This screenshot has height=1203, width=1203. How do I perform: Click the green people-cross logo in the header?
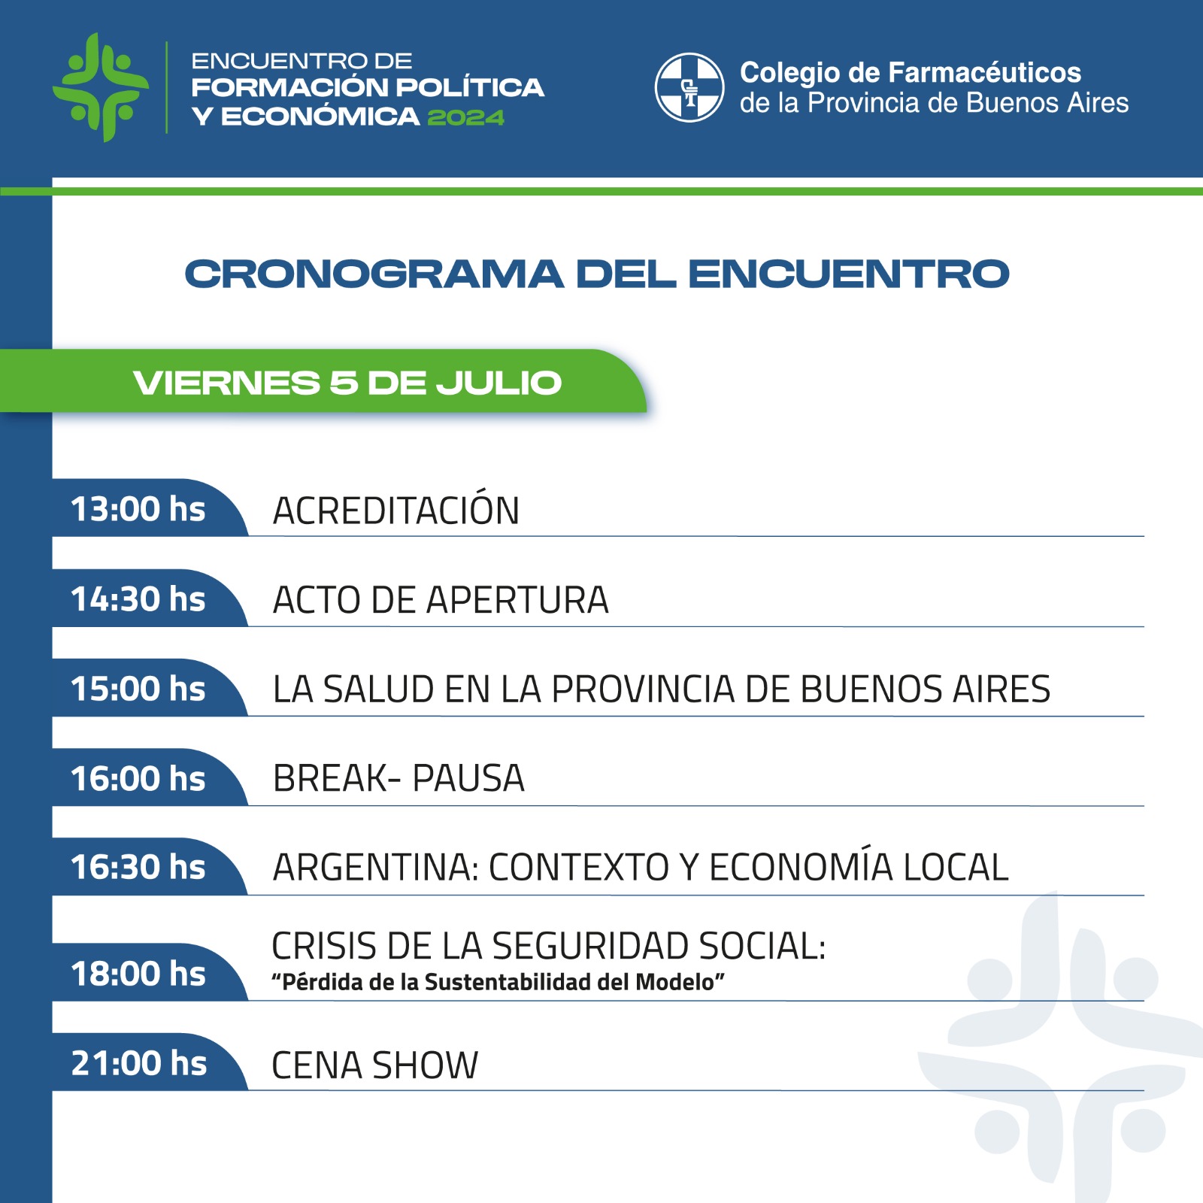point(101,87)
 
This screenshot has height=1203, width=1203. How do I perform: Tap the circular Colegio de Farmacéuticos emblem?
point(689,87)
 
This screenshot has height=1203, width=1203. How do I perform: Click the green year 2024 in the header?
point(466,117)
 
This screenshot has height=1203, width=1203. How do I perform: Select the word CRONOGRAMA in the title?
point(374,274)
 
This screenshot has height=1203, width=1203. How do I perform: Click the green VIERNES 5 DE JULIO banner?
point(323,381)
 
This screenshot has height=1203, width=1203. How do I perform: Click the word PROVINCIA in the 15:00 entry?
point(644,689)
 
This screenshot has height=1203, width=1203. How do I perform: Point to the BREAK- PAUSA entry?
point(398,778)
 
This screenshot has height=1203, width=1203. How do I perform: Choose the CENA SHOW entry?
point(374,1065)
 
